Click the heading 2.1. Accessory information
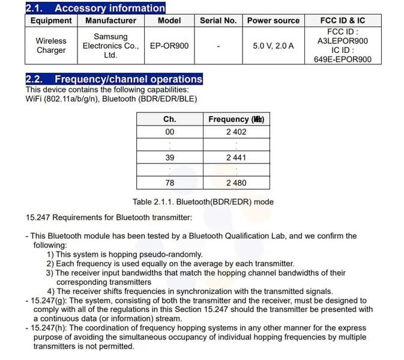tap(95, 8)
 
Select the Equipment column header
tap(51, 20)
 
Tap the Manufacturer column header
tap(110, 20)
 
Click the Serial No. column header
tap(218, 20)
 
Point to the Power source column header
tap(273, 20)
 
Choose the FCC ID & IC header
tap(343, 20)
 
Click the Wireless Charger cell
tap(51, 46)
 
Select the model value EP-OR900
tap(169, 46)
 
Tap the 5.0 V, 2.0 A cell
tap(273, 46)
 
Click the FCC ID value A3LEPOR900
tap(343, 41)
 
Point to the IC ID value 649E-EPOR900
tap(343, 59)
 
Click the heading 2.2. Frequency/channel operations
tap(114, 79)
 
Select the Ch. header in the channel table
tap(170, 119)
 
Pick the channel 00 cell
tap(170, 132)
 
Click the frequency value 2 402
tap(236, 132)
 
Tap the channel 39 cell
tap(170, 157)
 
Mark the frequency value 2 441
tap(236, 157)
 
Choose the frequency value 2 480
tap(236, 183)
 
